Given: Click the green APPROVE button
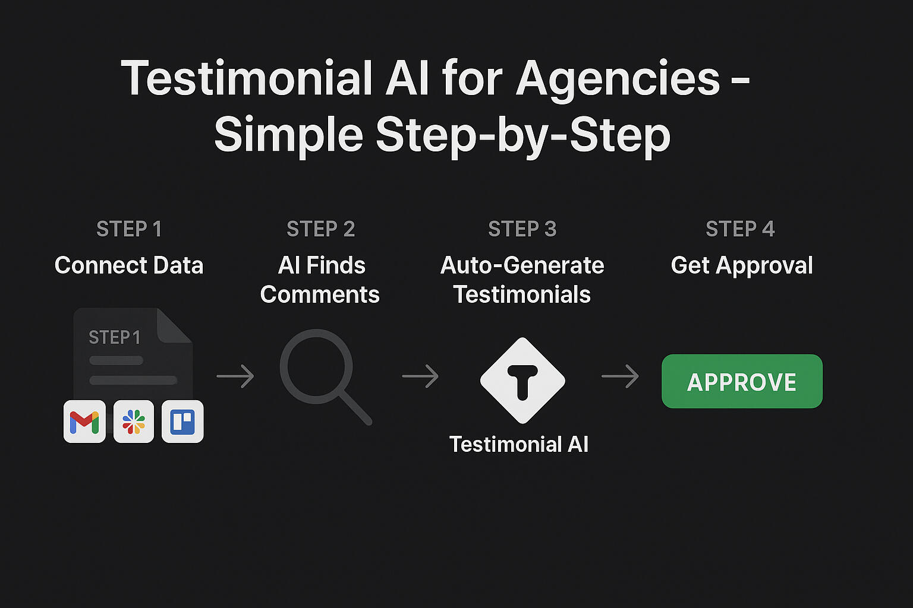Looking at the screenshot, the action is (742, 381).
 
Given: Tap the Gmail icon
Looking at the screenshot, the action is (84, 422).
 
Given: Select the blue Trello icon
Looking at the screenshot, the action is (182, 422).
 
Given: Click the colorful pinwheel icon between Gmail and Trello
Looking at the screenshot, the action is (134, 422).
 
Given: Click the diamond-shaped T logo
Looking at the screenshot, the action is (522, 381).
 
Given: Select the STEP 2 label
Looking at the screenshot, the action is (321, 229).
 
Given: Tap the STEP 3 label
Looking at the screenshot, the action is (522, 229).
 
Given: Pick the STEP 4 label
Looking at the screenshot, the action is (740, 229).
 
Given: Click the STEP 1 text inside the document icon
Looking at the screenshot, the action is (115, 338).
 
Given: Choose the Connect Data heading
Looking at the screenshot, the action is (129, 265).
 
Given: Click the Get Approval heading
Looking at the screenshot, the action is (742, 266).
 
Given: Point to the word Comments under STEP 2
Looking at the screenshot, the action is (320, 294).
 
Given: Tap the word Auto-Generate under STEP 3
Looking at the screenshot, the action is (522, 265).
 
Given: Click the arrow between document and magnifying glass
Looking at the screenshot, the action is (235, 376).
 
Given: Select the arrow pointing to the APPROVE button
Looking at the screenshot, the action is (620, 376).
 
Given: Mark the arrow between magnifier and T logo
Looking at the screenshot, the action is (420, 376).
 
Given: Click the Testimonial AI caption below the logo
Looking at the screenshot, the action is (519, 444).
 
